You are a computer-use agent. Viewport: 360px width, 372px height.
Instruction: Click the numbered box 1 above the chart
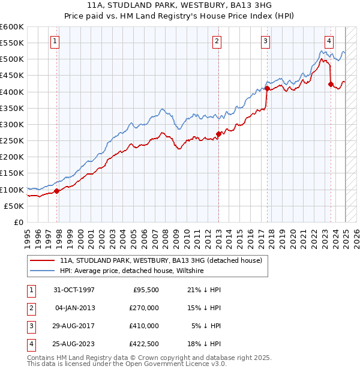coord(55,41)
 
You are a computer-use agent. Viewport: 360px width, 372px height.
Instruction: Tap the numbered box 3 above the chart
coord(265,41)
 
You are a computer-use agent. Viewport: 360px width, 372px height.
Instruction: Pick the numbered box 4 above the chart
coord(329,41)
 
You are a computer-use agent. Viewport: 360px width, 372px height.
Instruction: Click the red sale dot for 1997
coord(57,191)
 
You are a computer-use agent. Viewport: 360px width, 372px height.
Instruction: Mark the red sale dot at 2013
coord(218,134)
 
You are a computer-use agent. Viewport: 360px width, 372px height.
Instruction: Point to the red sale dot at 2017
coord(267,89)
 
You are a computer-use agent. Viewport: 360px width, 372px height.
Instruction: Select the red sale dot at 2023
coord(331,85)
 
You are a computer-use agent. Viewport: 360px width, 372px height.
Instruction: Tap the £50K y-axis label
coord(14,206)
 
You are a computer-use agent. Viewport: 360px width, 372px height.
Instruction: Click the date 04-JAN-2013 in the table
coord(75,308)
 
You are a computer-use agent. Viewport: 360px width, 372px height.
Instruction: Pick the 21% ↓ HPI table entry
coord(204,290)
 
